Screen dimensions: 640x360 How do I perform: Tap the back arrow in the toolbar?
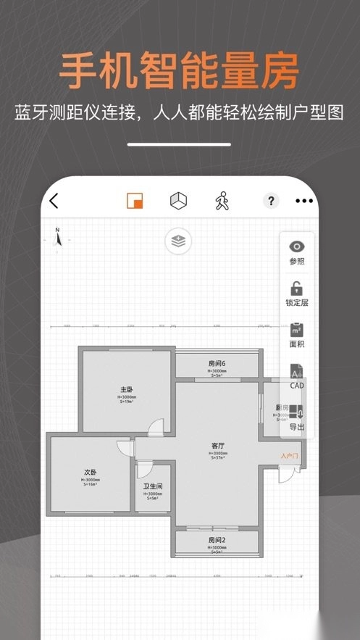[54, 201]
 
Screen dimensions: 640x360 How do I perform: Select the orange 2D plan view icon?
[135, 201]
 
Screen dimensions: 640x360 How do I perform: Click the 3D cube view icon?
[177, 201]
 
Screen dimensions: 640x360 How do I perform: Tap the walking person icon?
[222, 201]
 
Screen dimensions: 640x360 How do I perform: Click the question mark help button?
[271, 201]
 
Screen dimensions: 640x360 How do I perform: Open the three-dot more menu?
[304, 201]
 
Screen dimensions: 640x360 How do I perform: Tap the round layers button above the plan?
[177, 241]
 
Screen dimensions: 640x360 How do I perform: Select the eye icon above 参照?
[297, 247]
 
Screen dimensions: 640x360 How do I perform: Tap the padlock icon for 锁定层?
[297, 288]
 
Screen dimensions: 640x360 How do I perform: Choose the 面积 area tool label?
[297, 344]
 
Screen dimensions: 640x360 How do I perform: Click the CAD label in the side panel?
[297, 386]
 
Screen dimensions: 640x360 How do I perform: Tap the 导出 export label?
[297, 427]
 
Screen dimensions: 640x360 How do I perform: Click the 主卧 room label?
[127, 389]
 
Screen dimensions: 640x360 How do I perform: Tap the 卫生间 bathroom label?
[153, 486]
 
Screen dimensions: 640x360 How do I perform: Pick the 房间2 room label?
[217, 540]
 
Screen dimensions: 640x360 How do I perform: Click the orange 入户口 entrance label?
[289, 456]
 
